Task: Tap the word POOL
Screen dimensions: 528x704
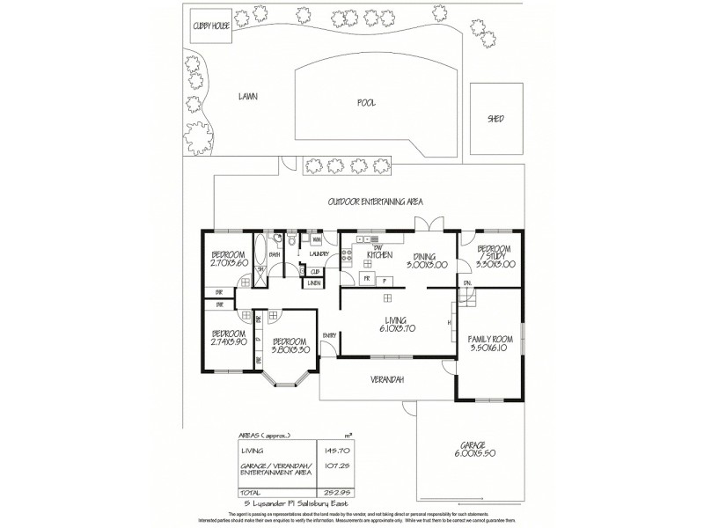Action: pos(367,103)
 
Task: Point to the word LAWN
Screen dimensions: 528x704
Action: pos(246,97)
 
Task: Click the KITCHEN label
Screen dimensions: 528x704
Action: pos(367,255)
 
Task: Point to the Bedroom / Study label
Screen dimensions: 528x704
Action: pos(494,254)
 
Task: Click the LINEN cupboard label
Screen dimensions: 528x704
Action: pos(314,282)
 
